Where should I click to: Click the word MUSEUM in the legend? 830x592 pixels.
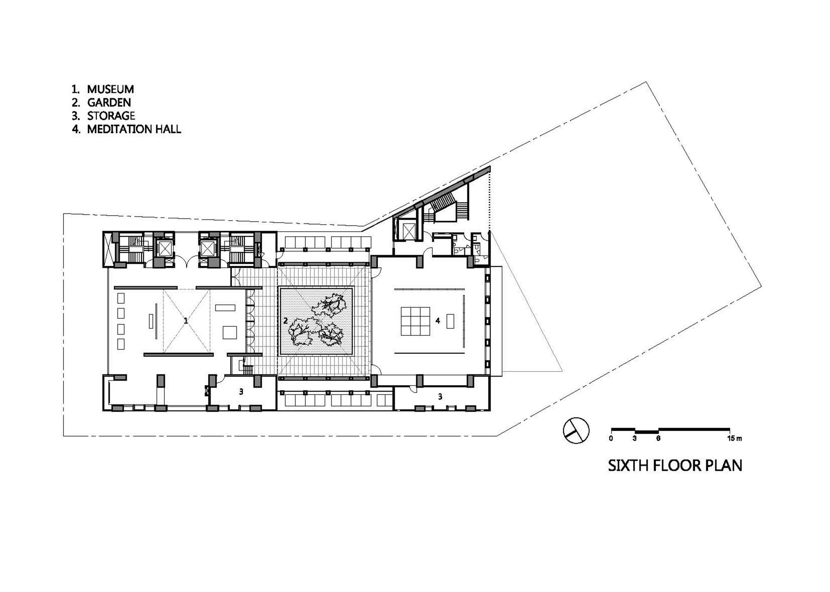[110, 89]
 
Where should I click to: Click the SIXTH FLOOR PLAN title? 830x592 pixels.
[675, 466]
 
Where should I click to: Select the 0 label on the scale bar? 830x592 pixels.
[611, 438]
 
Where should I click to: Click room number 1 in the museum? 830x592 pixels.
[186, 320]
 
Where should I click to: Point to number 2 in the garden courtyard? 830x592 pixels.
[285, 320]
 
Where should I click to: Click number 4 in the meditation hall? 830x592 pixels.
[438, 320]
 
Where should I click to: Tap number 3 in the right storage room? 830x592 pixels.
[440, 397]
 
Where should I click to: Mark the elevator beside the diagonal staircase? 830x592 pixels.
[405, 228]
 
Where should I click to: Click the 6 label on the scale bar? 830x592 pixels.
[659, 438]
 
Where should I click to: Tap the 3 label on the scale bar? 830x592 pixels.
[635, 438]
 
